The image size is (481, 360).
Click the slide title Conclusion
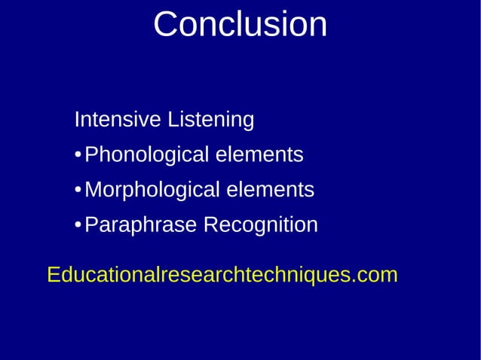pyautogui.click(x=240, y=24)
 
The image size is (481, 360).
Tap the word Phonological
pyautogui.click(x=147, y=156)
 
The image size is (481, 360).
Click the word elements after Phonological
pyautogui.click(x=259, y=155)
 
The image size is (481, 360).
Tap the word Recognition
pyautogui.click(x=261, y=226)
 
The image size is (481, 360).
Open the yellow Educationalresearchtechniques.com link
pyautogui.click(x=222, y=276)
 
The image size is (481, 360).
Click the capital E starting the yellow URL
pyautogui.click(x=54, y=276)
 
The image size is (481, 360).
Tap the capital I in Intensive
pyautogui.click(x=77, y=120)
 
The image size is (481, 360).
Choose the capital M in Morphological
pyautogui.click(x=94, y=191)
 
